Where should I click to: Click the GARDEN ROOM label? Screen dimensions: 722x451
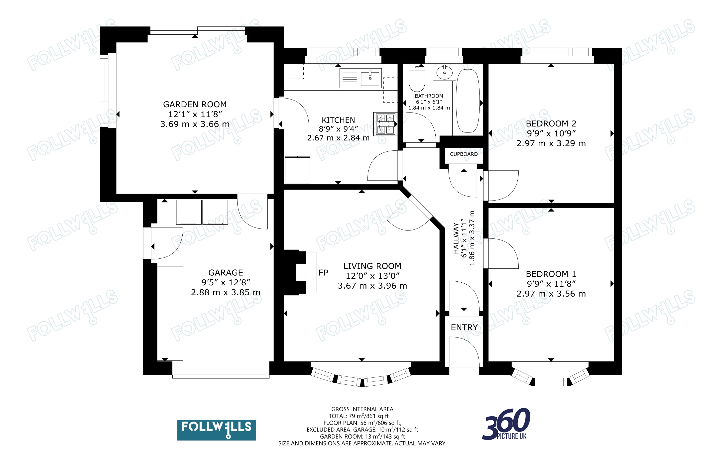[195, 105]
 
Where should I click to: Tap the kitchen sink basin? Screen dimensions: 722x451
[370, 78]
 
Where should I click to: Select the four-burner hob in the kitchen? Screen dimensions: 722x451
[385, 124]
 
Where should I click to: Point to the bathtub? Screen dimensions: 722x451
[468, 101]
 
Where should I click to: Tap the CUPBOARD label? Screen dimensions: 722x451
[464, 154]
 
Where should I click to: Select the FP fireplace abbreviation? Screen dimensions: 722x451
[323, 273]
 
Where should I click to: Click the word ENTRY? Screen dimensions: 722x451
[464, 328]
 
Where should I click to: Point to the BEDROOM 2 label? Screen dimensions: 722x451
[551, 123]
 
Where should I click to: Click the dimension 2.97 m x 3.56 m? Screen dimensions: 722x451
[551, 294]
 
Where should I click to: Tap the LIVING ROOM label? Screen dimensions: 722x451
[372, 266]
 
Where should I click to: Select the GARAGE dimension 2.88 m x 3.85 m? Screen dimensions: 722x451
[226, 292]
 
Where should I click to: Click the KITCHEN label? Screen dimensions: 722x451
[338, 120]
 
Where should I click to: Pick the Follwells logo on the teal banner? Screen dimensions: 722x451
[217, 430]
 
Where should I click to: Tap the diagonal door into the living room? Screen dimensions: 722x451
[409, 213]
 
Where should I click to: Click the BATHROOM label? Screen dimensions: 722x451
[429, 96]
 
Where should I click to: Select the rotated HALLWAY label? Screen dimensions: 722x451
[456, 238]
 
